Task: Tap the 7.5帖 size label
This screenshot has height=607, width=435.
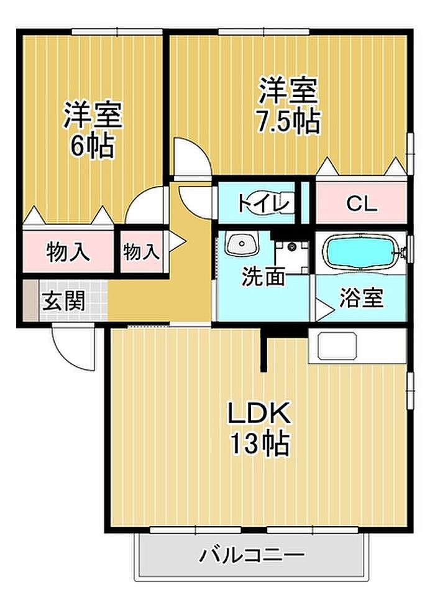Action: click(x=289, y=121)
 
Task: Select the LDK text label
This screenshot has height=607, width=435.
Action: click(x=259, y=413)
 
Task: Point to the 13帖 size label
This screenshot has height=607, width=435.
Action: click(x=260, y=443)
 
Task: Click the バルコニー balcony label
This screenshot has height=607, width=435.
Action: click(x=252, y=555)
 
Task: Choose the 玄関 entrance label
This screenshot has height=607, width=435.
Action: click(x=63, y=301)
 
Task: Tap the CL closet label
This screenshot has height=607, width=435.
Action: click(x=362, y=203)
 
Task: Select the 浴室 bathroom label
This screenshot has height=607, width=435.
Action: click(x=361, y=297)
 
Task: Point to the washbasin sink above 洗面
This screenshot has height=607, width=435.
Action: click(x=242, y=244)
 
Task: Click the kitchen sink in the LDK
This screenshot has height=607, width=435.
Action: click(x=337, y=346)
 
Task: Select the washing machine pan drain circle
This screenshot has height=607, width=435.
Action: click(x=292, y=246)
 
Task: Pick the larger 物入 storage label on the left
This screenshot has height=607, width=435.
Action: click(x=68, y=253)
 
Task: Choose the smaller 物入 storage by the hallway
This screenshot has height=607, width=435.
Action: click(x=141, y=252)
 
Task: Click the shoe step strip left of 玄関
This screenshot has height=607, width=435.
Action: click(x=31, y=300)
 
